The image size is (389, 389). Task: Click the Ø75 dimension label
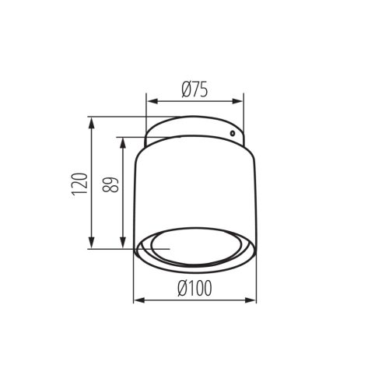(195, 89)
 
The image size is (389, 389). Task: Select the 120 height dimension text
(79, 184)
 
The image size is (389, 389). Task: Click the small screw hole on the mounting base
(232, 134)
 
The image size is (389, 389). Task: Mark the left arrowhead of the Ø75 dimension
(150, 100)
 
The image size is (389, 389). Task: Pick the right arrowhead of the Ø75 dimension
(240, 100)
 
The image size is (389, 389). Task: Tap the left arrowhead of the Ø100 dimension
(138, 300)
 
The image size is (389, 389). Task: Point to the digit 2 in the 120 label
(79, 184)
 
